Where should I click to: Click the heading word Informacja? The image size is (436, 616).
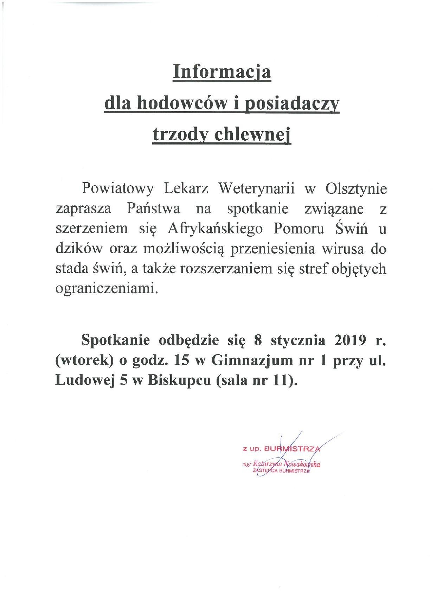(222, 73)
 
